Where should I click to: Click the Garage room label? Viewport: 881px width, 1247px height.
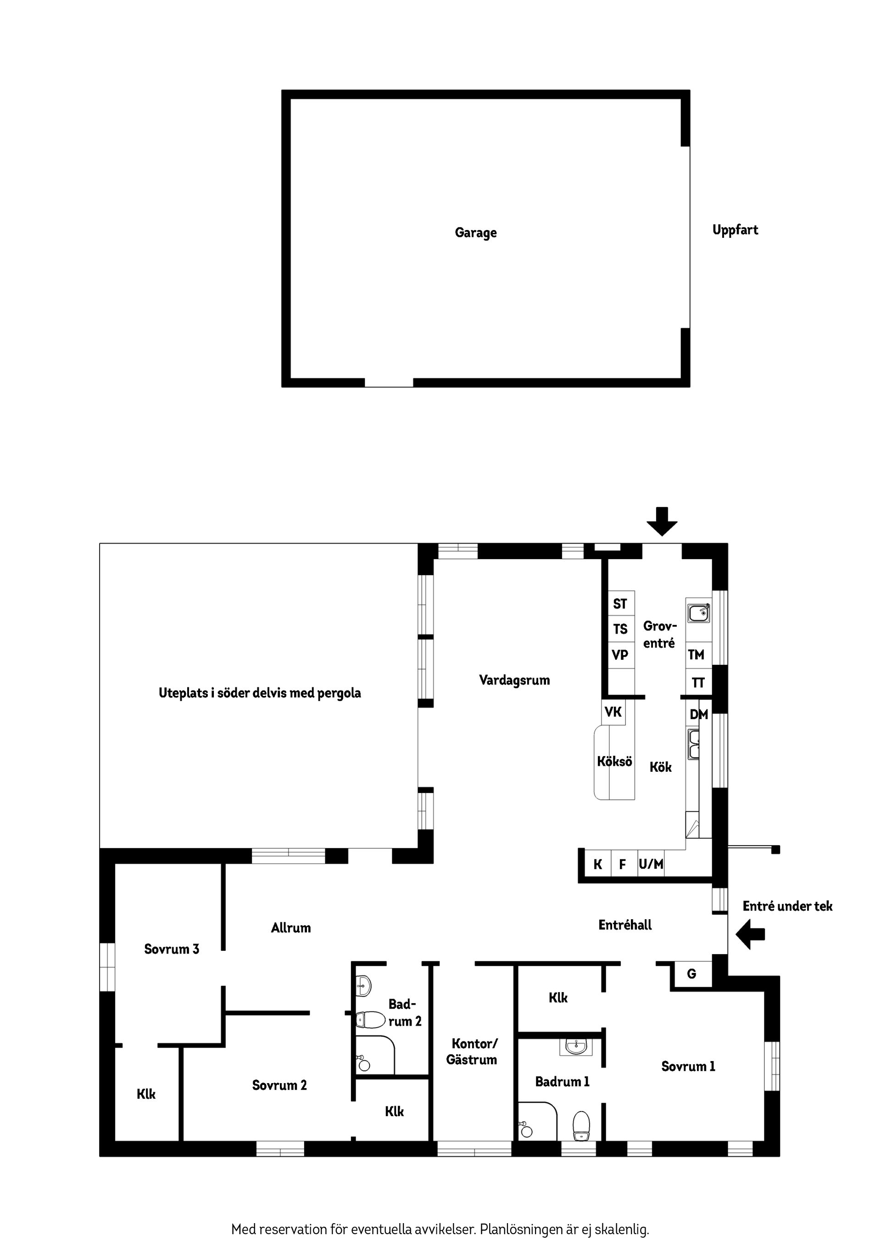click(x=475, y=232)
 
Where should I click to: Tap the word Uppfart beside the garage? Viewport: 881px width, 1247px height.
click(x=735, y=230)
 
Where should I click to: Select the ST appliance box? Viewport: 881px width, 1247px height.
click(x=620, y=603)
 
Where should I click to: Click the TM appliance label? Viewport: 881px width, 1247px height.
click(x=696, y=654)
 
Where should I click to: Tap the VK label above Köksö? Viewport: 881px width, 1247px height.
click(x=613, y=712)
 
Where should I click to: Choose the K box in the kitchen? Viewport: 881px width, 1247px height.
click(x=597, y=864)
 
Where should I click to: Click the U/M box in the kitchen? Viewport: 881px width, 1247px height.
click(x=651, y=864)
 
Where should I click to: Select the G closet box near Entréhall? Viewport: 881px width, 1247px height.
click(x=691, y=974)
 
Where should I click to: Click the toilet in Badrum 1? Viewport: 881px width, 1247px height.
click(x=581, y=1125)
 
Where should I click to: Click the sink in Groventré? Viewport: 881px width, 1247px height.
click(x=699, y=613)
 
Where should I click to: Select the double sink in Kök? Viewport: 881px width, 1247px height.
click(x=694, y=745)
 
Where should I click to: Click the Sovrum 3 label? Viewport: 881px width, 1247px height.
click(x=172, y=949)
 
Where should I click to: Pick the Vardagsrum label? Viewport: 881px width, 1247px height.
click(x=514, y=680)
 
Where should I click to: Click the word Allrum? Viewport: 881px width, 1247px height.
click(x=291, y=927)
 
